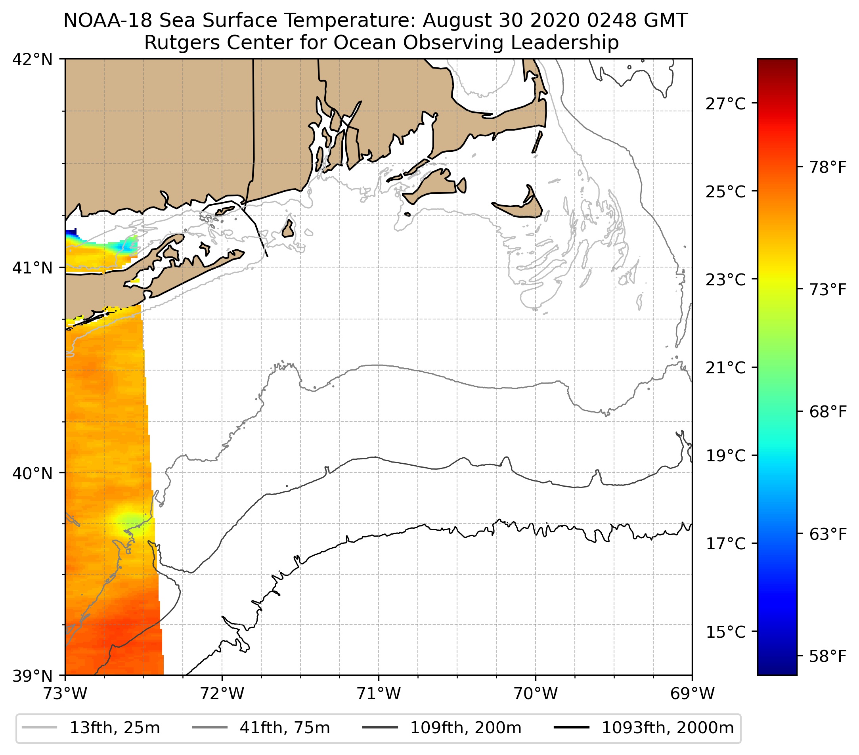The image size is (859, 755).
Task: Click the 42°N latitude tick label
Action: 33,60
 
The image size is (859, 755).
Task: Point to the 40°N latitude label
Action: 33,474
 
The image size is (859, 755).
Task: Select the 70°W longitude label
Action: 536,694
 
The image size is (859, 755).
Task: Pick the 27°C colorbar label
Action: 726,103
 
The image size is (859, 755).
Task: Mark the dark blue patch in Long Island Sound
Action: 71,232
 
